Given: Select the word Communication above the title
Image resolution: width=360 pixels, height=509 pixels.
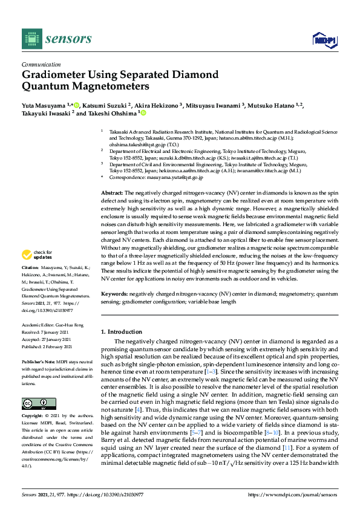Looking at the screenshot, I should click(41, 63).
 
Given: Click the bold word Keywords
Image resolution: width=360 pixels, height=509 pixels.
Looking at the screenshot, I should click(114, 293).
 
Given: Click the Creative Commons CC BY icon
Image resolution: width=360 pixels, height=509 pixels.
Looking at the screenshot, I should click(39, 403).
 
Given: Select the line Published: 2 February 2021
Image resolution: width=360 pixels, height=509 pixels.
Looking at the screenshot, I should click(47, 347).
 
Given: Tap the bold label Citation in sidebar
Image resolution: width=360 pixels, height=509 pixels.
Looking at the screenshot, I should click(30, 284).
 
